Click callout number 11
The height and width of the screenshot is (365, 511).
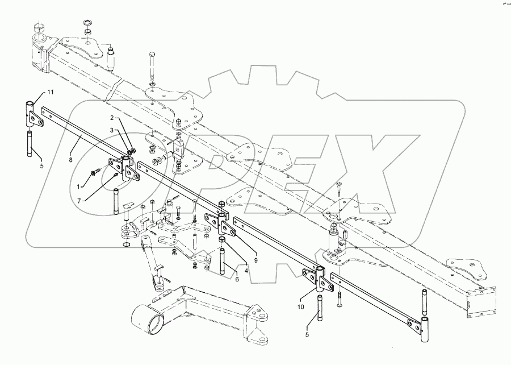click(x=50, y=92)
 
